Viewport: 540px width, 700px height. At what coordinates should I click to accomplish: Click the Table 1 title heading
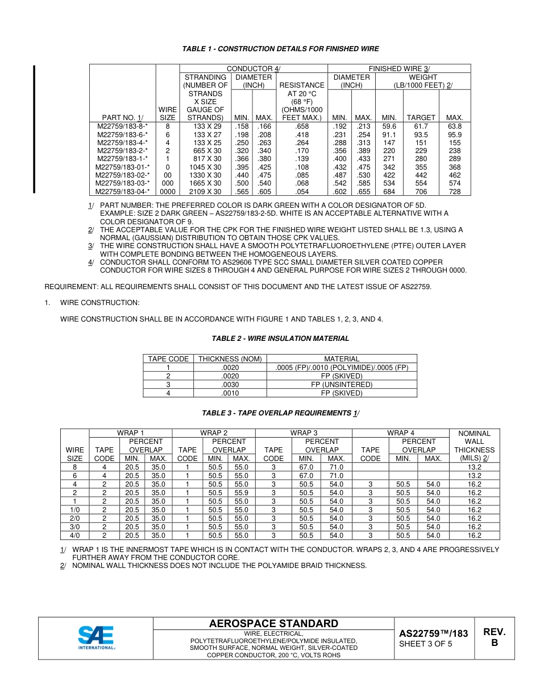pos(280,49)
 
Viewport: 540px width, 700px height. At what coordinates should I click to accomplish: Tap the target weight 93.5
pos(421,135)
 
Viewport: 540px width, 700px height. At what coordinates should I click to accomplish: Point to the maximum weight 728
pos(455,192)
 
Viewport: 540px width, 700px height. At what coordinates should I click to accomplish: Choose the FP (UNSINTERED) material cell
pos(342,385)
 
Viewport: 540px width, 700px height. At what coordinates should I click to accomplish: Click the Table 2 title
pos(280,339)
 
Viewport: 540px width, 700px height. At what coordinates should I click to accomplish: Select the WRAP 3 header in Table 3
pos(304,433)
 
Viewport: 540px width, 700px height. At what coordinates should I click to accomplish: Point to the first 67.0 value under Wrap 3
pos(306,467)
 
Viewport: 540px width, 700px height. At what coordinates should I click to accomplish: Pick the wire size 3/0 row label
pos(74,527)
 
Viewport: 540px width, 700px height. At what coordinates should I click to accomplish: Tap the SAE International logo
pos(97,637)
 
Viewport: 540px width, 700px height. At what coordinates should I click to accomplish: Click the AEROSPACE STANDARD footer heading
pos(273,624)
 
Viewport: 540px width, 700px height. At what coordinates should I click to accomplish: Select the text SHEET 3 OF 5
pos(425,644)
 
